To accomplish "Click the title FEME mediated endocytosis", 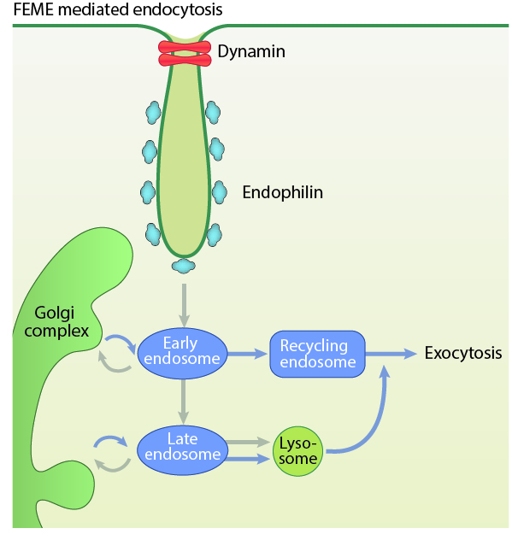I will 118,11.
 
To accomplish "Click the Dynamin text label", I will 251,52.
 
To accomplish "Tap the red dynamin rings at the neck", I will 184,53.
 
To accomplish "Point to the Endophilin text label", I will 283,192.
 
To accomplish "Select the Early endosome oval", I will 181,351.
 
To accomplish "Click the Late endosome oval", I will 182,447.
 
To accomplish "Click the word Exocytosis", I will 463,353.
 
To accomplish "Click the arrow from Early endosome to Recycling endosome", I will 245,353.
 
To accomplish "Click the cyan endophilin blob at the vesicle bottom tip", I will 183,266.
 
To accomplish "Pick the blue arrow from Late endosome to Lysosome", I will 248,459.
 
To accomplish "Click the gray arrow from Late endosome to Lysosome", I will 248,443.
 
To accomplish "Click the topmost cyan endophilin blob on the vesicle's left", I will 153,111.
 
